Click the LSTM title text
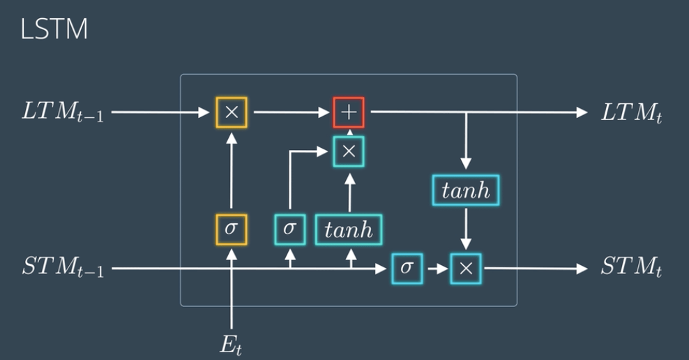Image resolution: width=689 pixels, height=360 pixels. [54, 30]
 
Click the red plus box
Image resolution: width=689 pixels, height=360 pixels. [349, 112]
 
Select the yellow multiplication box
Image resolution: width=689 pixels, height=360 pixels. [232, 112]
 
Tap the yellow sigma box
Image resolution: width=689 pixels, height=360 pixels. [231, 229]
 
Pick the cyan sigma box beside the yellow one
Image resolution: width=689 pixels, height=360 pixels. [289, 229]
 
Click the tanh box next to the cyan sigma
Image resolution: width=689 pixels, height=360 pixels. [349, 230]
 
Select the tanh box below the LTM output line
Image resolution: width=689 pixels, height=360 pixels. [466, 190]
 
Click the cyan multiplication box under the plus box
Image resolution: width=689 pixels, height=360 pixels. [349, 151]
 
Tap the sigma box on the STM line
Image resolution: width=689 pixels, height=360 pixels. [407, 269]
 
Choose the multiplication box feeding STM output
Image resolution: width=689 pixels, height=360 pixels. [466, 269]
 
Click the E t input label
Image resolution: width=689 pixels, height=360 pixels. [232, 344]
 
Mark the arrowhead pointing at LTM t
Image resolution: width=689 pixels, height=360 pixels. [582, 112]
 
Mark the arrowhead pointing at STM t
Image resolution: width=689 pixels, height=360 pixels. [582, 269]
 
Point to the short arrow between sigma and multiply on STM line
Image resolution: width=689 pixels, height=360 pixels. [436, 269]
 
